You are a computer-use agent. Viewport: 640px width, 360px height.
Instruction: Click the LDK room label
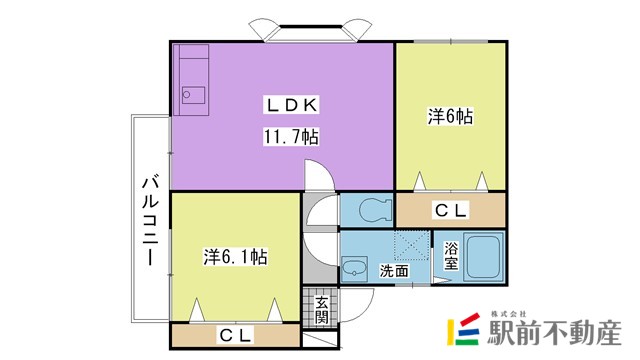pos(291,104)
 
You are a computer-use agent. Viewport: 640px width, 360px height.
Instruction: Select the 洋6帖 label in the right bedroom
pos(450,117)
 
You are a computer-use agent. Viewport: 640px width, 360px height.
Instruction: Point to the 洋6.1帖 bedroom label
pos(235,256)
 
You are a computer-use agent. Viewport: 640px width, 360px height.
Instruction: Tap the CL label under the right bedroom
pos(450,210)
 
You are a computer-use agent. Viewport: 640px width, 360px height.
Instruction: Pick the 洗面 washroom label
pos(394,269)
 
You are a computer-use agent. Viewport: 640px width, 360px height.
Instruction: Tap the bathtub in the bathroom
pos(486,259)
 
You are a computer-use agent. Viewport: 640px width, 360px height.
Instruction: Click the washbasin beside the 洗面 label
pos(354,267)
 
